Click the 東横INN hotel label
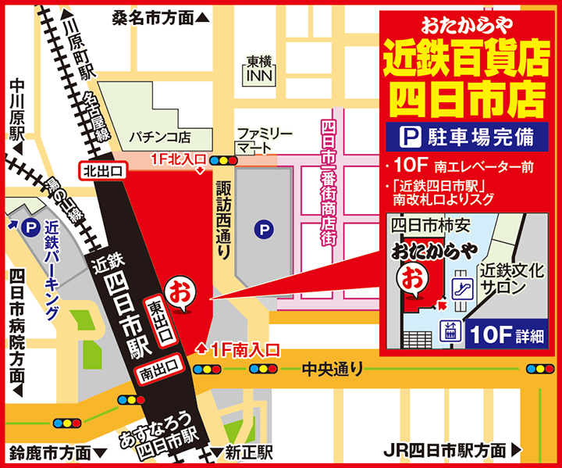258,70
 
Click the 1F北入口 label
176,162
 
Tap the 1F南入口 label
240,349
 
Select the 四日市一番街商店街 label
328,184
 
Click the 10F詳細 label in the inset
507,334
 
